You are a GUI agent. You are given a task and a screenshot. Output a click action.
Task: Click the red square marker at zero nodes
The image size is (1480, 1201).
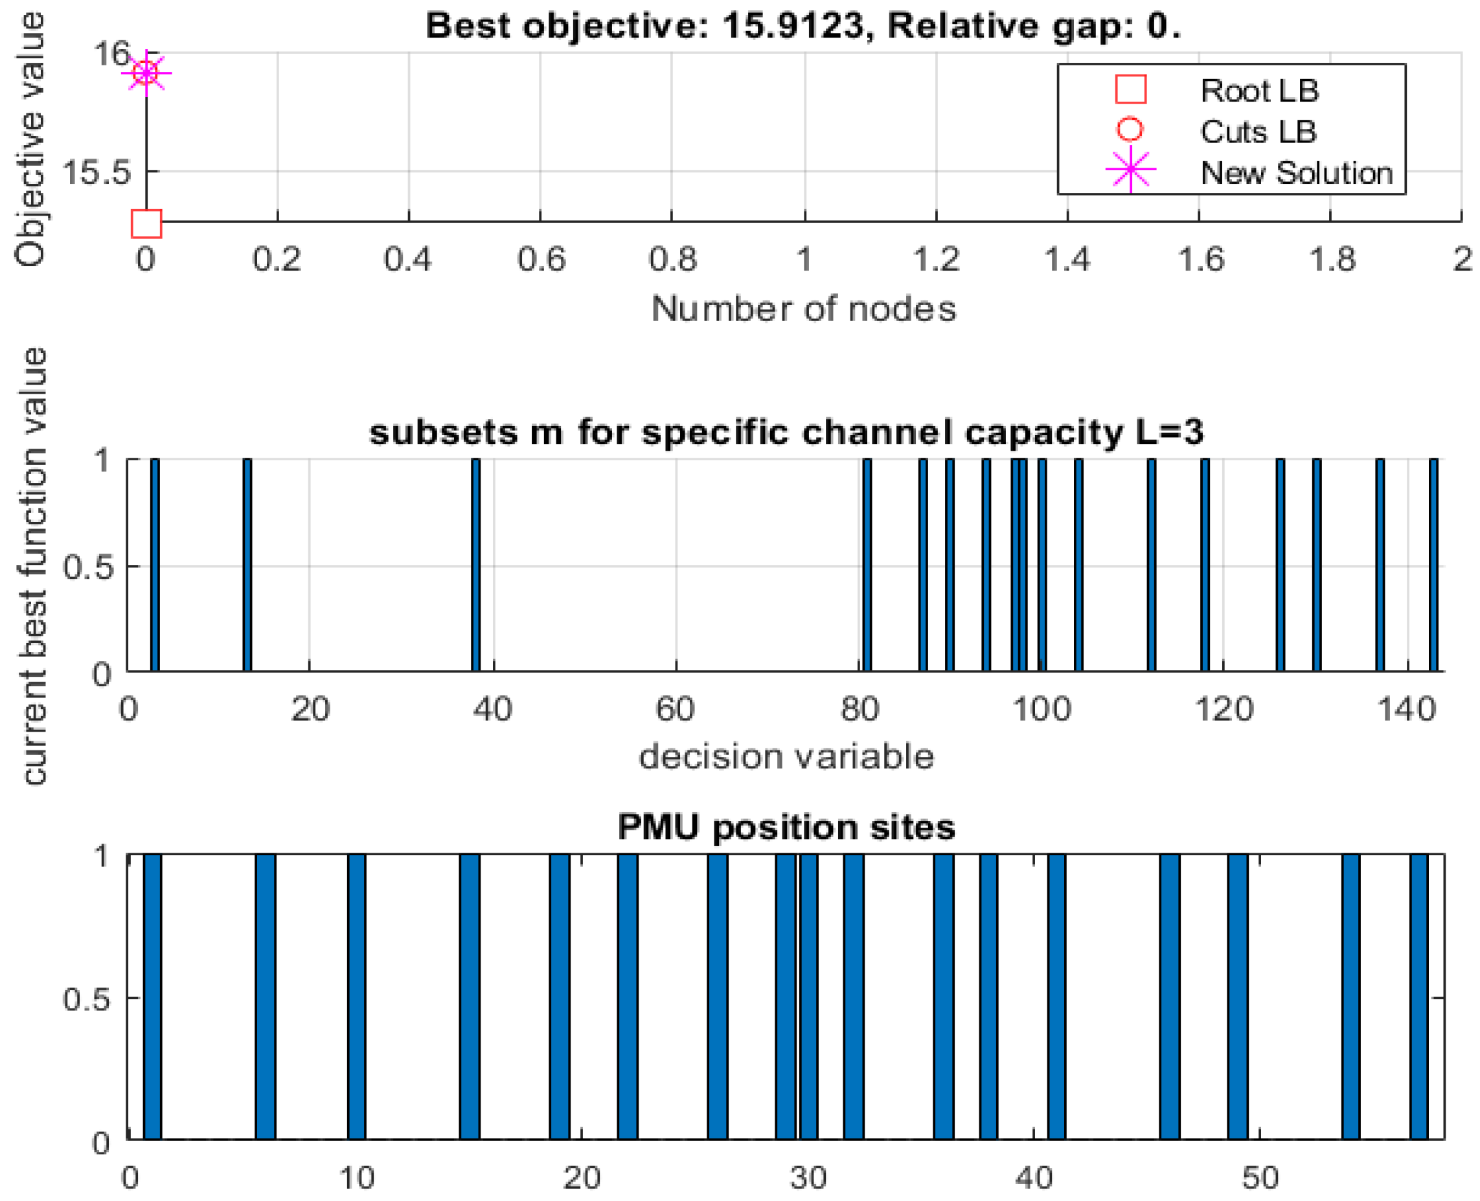146,223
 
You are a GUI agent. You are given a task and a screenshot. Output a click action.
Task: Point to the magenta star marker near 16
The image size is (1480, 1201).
146,73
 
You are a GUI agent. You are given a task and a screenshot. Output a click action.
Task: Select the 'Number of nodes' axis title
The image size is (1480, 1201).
803,309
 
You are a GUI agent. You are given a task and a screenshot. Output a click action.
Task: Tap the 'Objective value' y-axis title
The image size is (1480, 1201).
29,139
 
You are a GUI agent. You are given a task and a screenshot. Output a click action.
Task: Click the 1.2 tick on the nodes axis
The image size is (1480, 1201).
936,260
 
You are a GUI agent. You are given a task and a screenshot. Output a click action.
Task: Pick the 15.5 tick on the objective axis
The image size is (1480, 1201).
95,172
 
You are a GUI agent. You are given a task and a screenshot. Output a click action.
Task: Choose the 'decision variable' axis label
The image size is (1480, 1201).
786,756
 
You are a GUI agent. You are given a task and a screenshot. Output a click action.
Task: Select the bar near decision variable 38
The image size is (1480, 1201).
475,565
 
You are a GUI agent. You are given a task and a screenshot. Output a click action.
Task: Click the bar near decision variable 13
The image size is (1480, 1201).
247,565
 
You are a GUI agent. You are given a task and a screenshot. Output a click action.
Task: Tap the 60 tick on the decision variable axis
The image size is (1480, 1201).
676,709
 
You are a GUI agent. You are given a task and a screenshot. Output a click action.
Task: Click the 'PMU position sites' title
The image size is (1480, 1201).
786,827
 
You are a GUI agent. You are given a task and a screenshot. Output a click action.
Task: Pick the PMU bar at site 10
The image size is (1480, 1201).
356,996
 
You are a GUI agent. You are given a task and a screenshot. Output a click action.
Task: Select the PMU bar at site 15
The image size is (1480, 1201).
469,996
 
